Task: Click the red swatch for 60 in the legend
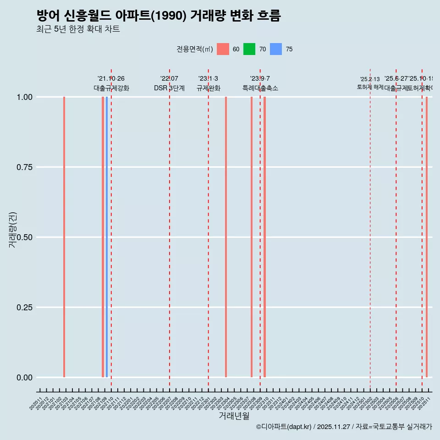pyautogui.click(x=223, y=49)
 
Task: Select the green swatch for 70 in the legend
pyautogui.click(x=249, y=49)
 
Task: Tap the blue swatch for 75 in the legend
pyautogui.click(x=276, y=49)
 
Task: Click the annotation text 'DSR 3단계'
pyautogui.click(x=169, y=88)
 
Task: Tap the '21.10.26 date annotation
pyautogui.click(x=111, y=79)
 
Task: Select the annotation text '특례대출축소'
pyautogui.click(x=260, y=88)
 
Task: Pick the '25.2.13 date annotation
pyautogui.click(x=370, y=79)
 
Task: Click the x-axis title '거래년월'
pyautogui.click(x=234, y=416)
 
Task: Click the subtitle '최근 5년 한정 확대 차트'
pyautogui.click(x=78, y=29)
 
